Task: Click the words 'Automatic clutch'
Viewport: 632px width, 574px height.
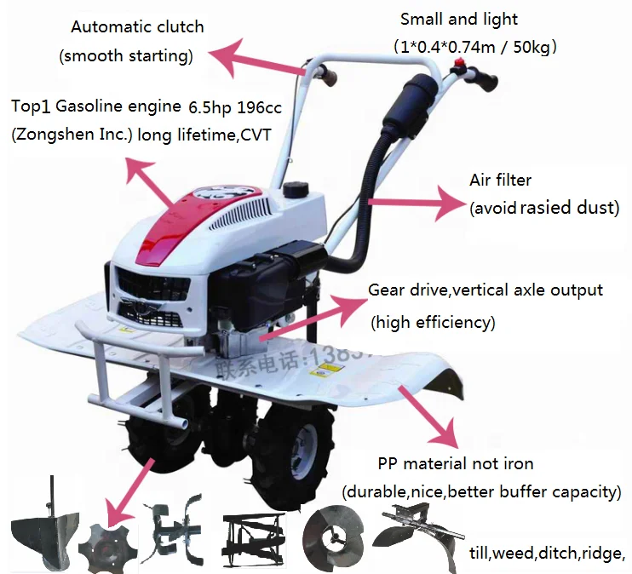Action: click(x=137, y=26)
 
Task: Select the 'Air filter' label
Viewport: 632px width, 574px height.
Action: click(x=500, y=180)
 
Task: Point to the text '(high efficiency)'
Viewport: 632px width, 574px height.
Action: click(x=432, y=322)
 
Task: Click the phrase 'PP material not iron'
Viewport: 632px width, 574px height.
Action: click(x=456, y=464)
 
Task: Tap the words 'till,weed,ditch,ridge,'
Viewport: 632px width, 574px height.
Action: click(x=547, y=552)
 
